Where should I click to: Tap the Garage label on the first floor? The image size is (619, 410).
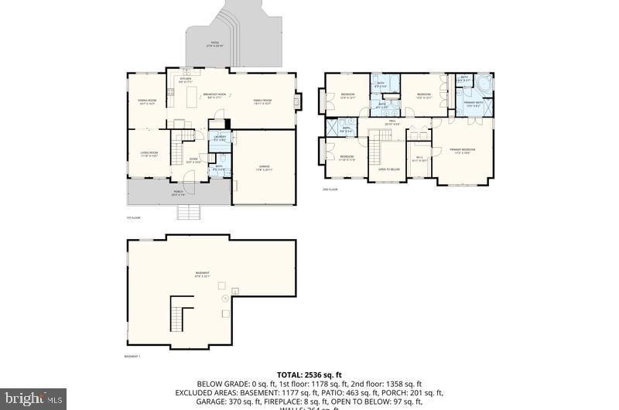point(264,168)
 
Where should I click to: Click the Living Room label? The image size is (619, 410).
point(147,155)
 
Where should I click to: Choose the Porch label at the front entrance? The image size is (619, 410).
point(178,194)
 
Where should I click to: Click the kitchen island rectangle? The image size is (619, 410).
point(191,98)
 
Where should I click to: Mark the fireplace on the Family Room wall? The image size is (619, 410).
point(299,101)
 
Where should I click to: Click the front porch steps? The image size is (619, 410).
point(189,211)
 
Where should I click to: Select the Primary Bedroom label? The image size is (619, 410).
point(463,151)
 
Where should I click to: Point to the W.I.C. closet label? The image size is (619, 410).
point(419,159)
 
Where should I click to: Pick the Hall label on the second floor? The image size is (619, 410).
point(392,121)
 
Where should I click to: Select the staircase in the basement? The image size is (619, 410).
point(181,318)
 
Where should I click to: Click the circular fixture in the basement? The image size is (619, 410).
point(225,296)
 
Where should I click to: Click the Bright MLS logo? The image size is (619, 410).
point(32,398)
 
